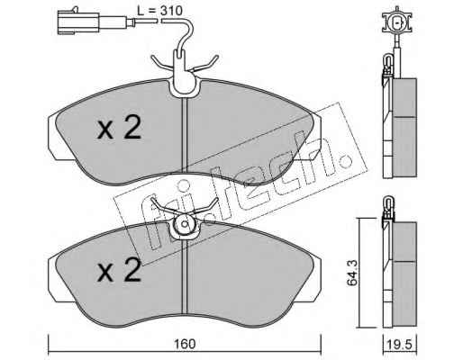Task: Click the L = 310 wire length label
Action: pyautogui.click(x=159, y=11)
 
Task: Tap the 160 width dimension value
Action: pyautogui.click(x=186, y=344)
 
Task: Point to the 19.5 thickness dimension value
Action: pyautogui.click(x=399, y=344)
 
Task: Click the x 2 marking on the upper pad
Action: pyautogui.click(x=119, y=128)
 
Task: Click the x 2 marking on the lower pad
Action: pyautogui.click(x=119, y=270)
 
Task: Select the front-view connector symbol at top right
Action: pyautogui.click(x=396, y=22)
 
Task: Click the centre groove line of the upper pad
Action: pyautogui.click(x=185, y=135)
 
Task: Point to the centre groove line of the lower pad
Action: pyautogui.click(x=185, y=276)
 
